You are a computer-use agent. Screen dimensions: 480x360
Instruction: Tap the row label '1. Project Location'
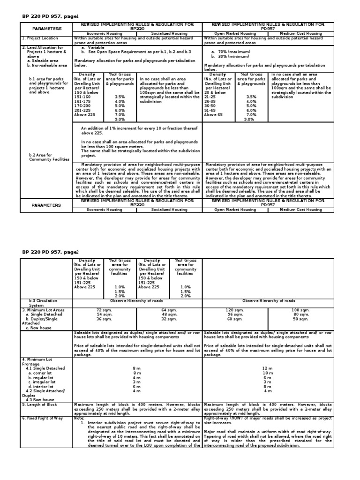(40, 38)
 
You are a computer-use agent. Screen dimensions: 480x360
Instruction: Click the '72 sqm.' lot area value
(105, 310)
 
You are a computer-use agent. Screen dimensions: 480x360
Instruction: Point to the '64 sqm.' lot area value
(169, 310)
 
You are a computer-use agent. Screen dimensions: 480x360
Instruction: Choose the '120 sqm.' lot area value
(235, 310)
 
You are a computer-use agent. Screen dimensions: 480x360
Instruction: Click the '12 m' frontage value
(268, 368)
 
